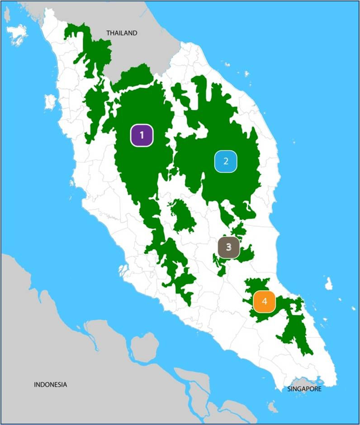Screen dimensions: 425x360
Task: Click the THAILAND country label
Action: tap(121, 33)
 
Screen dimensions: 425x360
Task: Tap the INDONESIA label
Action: tap(51, 385)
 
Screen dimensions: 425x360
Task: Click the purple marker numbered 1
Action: tap(142, 135)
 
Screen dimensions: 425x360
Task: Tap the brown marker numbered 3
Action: tap(228, 247)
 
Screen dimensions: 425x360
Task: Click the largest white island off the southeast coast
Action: tap(329, 283)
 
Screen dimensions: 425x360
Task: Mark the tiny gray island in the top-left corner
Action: tap(7, 15)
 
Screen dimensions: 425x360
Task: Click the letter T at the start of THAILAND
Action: tap(108, 33)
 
